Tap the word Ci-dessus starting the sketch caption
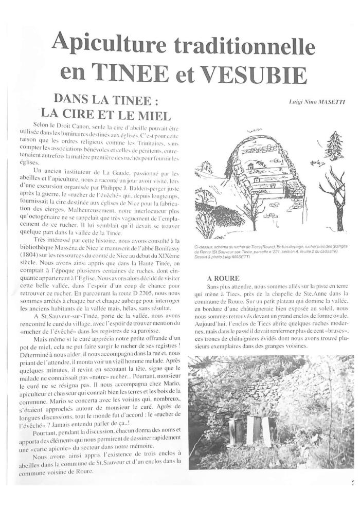[204, 247]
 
